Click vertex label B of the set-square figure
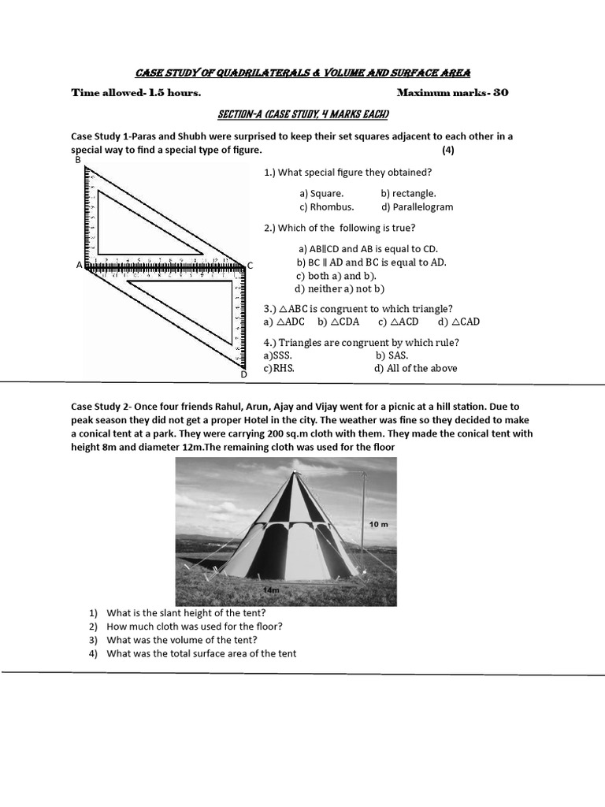point(78,160)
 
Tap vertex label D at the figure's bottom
point(244,374)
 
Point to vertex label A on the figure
point(79,266)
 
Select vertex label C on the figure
point(250,266)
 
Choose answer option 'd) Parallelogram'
point(417,207)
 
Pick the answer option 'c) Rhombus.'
point(326,207)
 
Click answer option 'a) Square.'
point(321,193)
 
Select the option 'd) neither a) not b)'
point(340,288)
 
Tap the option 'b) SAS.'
point(392,355)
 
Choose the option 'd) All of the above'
point(415,368)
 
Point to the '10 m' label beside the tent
point(379,524)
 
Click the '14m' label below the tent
point(273,589)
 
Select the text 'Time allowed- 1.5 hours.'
point(135,93)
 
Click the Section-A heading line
point(302,115)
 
